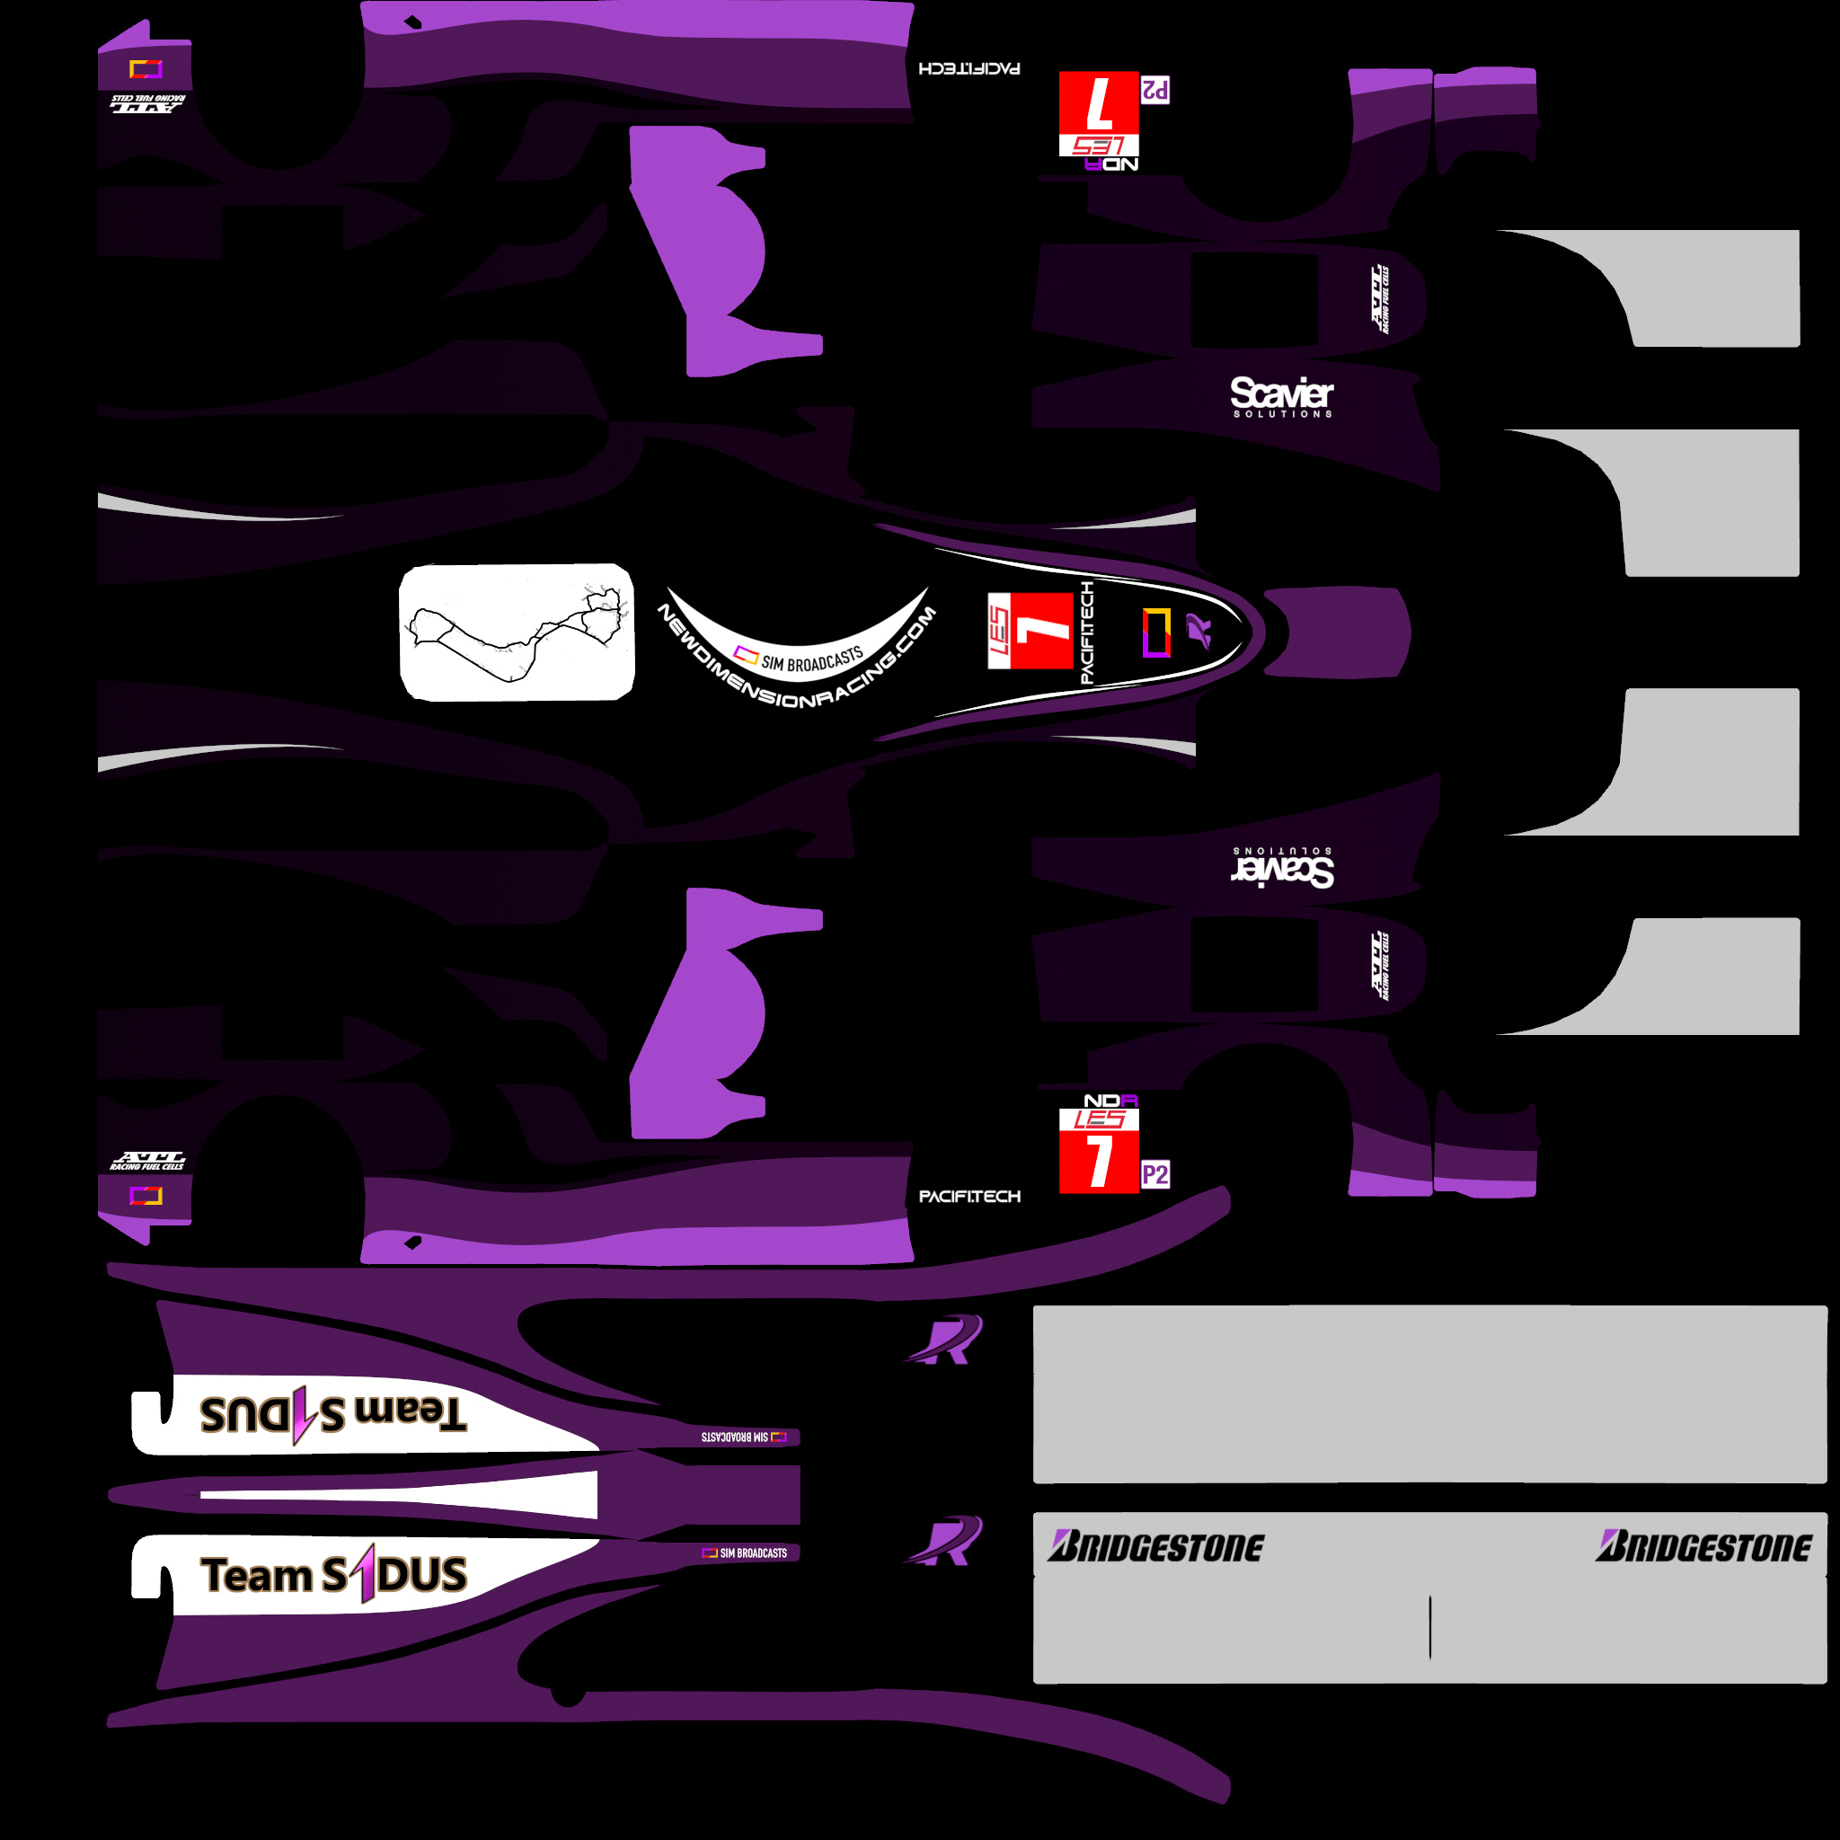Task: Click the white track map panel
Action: (x=517, y=632)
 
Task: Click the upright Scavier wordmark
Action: (x=1281, y=393)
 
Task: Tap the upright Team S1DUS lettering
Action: (x=333, y=1575)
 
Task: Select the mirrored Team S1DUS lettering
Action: (x=333, y=1414)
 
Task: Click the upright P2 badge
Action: (x=1154, y=1175)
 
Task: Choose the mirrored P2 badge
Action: (x=1154, y=91)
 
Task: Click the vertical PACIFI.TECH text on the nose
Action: (x=1087, y=632)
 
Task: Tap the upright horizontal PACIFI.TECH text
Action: (x=969, y=1197)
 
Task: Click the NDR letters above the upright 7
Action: (x=1110, y=1101)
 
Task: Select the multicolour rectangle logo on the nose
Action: (x=1156, y=632)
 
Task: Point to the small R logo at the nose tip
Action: (x=1199, y=631)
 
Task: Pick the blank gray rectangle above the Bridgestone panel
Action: (x=1429, y=1393)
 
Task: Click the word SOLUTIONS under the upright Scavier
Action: (x=1282, y=414)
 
